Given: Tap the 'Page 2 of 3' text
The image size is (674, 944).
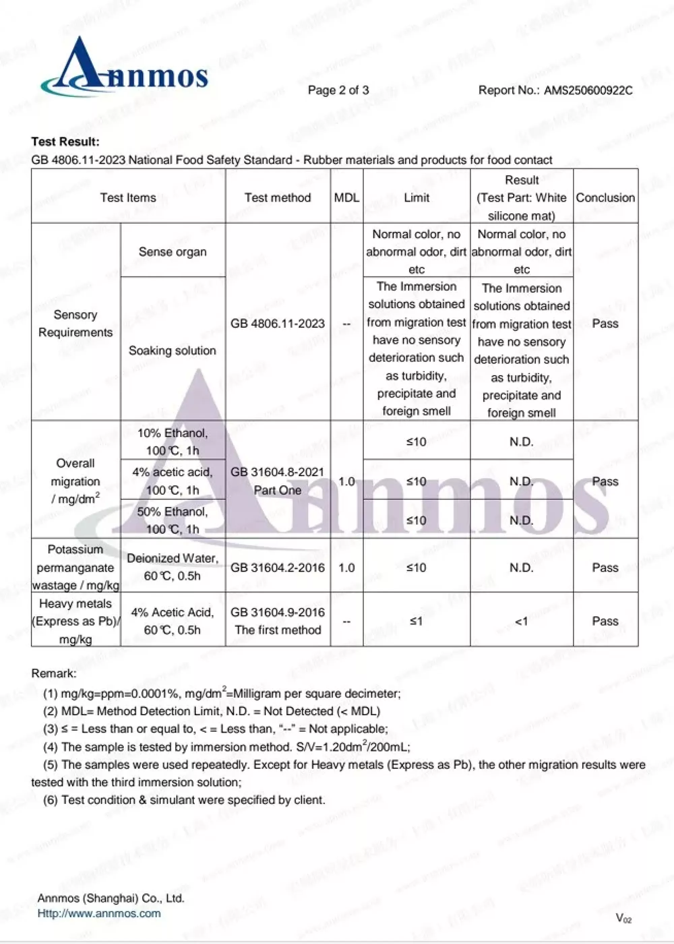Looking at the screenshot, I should click(x=338, y=90).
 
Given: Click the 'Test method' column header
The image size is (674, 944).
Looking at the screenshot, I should click(x=278, y=197).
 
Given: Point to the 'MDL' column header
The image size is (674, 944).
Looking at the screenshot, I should click(x=346, y=197).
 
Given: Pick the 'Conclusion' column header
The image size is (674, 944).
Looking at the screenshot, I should click(x=605, y=197).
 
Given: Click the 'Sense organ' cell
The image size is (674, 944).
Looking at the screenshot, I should click(x=173, y=252).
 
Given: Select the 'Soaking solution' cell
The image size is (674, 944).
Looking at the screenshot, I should click(x=173, y=351).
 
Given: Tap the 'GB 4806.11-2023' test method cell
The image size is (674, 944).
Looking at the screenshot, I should click(x=278, y=323).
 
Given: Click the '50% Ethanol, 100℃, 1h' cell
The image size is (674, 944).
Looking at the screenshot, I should click(x=173, y=520).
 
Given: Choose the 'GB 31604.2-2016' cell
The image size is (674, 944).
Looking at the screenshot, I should click(x=278, y=567).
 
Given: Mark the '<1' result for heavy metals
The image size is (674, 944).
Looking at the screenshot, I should click(x=521, y=621).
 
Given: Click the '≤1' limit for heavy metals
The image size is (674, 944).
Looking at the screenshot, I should click(x=416, y=621).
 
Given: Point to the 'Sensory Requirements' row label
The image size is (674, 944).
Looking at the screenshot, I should click(x=75, y=323).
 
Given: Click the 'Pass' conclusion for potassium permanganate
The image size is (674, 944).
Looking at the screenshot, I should click(x=605, y=567).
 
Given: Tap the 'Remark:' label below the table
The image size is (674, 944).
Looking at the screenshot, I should click(x=54, y=673).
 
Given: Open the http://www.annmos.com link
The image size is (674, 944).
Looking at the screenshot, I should click(x=99, y=913).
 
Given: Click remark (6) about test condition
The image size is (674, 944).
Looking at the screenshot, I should click(x=184, y=800).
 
